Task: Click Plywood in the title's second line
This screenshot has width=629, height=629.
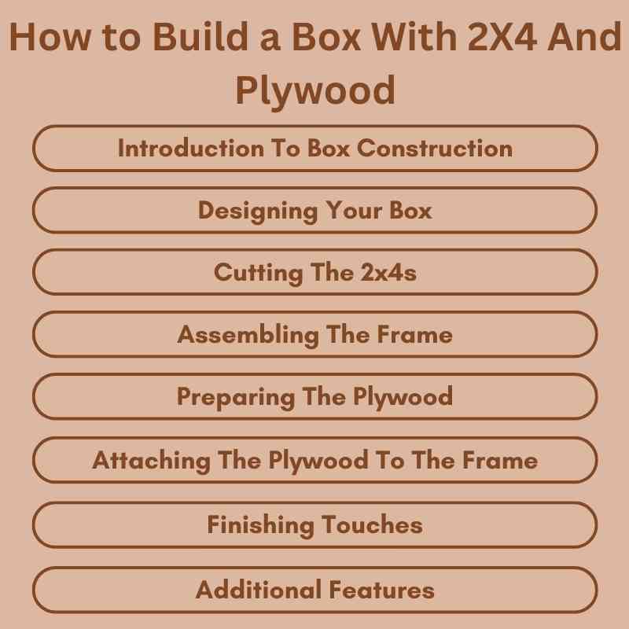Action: pos(314,91)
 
